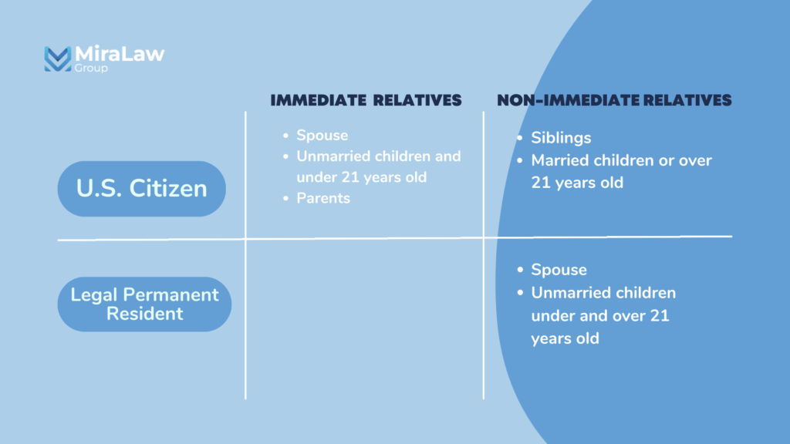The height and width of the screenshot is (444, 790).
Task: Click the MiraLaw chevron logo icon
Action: pyautogui.click(x=57, y=59)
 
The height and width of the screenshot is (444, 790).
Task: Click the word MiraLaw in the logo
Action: pyautogui.click(x=120, y=54)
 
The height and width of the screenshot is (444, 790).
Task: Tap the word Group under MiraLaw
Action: pyautogui.click(x=91, y=68)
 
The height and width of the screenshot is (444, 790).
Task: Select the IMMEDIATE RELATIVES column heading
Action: pyautogui.click(x=366, y=100)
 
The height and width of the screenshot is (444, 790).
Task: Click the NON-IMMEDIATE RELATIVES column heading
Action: pyautogui.click(x=614, y=100)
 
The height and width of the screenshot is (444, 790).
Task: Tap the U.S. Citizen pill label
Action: pyautogui.click(x=142, y=189)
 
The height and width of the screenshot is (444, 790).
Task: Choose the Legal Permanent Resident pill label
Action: pyautogui.click(x=144, y=304)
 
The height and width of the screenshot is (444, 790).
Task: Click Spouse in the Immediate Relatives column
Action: pyautogui.click(x=322, y=136)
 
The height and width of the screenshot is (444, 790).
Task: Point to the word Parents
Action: pyautogui.click(x=323, y=198)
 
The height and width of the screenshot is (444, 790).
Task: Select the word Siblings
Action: pyautogui.click(x=561, y=138)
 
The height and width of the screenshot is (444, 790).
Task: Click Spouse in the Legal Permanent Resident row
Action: pyautogui.click(x=559, y=270)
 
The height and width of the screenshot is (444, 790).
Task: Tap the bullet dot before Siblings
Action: pyautogui.click(x=520, y=138)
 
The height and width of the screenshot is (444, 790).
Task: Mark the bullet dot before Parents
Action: pyautogui.click(x=285, y=198)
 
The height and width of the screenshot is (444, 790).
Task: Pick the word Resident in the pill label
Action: pyautogui.click(x=144, y=314)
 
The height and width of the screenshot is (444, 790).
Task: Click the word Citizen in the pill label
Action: pyautogui.click(x=168, y=189)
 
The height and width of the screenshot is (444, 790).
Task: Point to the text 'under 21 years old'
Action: pyautogui.click(x=361, y=177)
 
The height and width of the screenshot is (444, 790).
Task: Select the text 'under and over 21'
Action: pyautogui.click(x=600, y=315)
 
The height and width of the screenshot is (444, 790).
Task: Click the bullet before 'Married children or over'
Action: pyautogui.click(x=520, y=160)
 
